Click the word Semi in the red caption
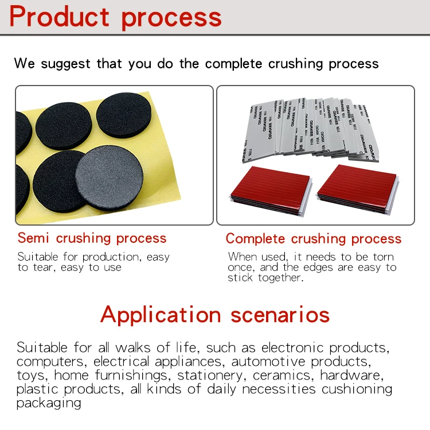35,238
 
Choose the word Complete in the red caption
256,239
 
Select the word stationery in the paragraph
211,375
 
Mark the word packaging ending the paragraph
48,403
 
